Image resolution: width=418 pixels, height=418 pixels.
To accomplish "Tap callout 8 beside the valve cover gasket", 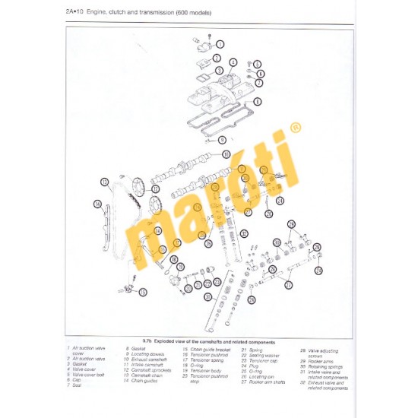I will pyautogui.click(x=257, y=101).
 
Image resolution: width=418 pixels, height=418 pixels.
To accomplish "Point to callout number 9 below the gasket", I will pyautogui.click(x=222, y=140).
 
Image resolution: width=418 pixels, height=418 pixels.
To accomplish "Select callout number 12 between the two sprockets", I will pyautogui.click(x=156, y=188).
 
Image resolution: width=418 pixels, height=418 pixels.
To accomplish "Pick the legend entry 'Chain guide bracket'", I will pyautogui.click(x=201, y=349).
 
